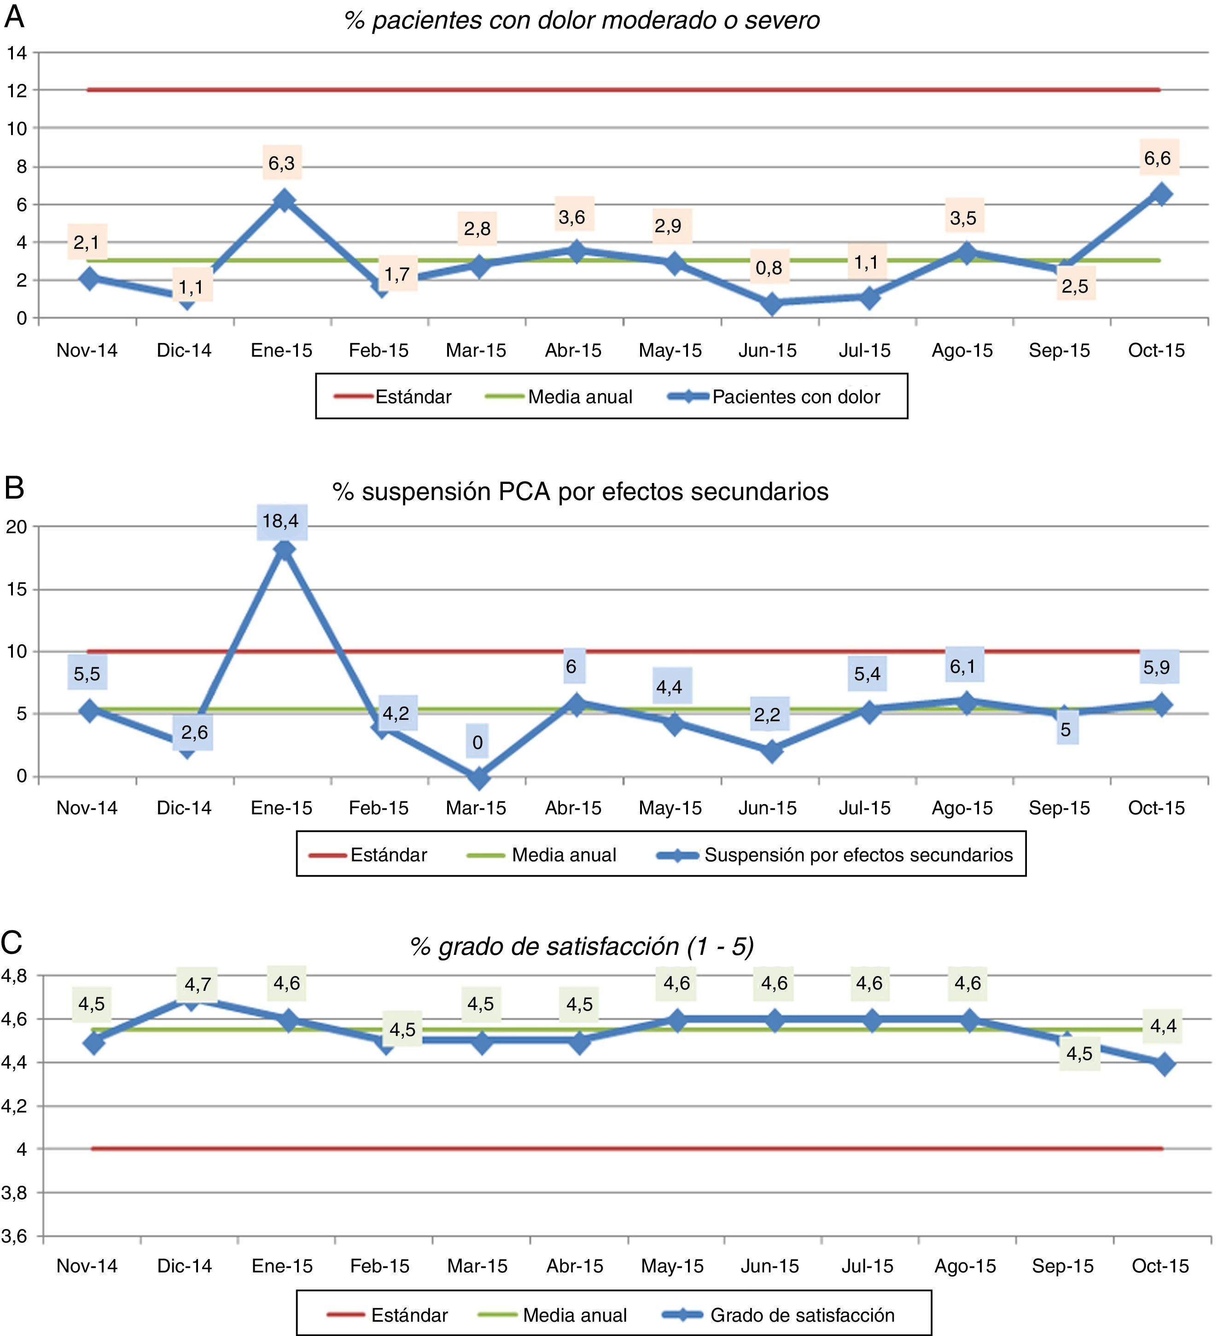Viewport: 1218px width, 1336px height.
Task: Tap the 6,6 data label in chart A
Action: coord(1157,158)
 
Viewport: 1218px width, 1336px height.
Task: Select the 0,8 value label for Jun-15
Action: coord(769,268)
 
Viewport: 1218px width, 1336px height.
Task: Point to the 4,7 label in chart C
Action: coord(198,984)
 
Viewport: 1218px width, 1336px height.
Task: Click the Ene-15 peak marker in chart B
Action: coord(284,549)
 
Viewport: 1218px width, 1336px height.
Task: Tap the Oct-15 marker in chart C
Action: coord(1164,1065)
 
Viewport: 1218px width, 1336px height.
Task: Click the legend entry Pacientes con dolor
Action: coord(795,396)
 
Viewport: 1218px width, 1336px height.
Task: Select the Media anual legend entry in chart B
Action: coord(563,855)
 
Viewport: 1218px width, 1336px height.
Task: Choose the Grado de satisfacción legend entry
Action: coord(801,1315)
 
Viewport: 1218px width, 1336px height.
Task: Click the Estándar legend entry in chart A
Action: coord(413,396)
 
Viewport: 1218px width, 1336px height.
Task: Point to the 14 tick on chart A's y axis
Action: coord(17,53)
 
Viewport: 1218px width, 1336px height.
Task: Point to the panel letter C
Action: coord(12,943)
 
